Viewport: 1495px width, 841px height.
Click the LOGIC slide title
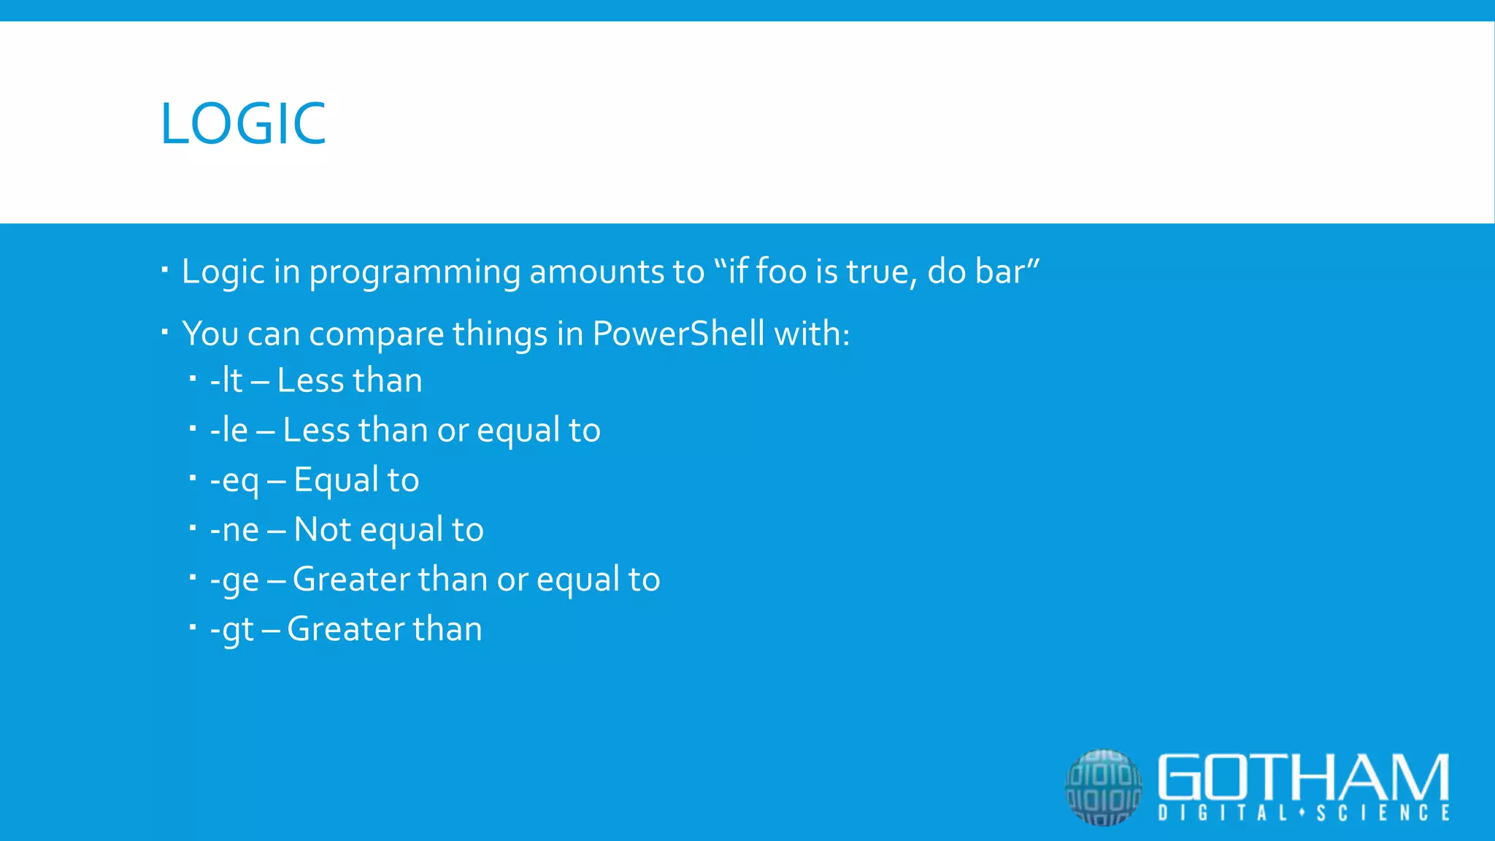tap(243, 123)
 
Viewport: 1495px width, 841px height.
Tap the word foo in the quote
tap(780, 271)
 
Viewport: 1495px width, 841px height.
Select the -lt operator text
tap(226, 380)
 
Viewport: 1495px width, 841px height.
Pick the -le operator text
tap(228, 430)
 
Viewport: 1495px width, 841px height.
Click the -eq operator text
tap(234, 480)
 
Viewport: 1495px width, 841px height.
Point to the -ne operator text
tap(234, 529)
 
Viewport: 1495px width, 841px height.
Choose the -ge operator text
tap(234, 580)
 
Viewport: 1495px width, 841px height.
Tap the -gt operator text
tap(231, 629)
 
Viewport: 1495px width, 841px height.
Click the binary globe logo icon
tap(1103, 787)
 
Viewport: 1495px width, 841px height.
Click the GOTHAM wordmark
tap(1303, 777)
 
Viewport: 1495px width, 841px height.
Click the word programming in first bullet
tap(415, 272)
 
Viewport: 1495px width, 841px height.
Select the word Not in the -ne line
tap(323, 529)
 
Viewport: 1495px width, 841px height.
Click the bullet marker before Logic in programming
tap(165, 271)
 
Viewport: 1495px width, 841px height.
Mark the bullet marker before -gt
tap(193, 626)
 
